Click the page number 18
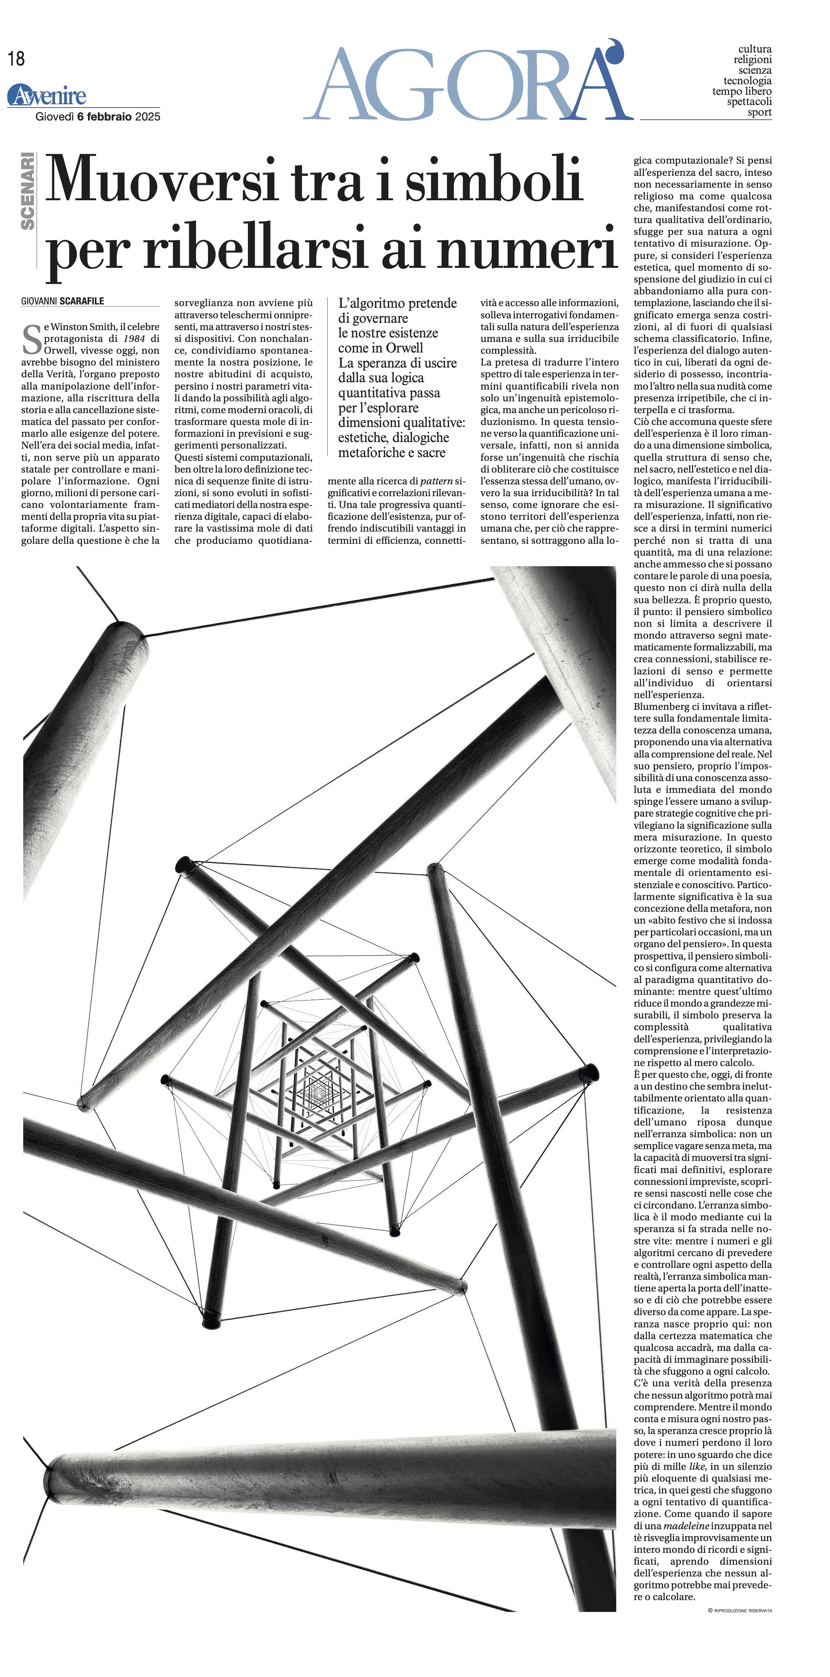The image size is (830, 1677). [x=16, y=59]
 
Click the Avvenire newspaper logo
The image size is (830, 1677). [x=47, y=96]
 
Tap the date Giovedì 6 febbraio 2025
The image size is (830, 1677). [x=98, y=116]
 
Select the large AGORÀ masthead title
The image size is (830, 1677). [x=465, y=85]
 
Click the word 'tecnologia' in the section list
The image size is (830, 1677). [x=747, y=81]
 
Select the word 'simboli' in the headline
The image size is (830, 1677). [x=493, y=179]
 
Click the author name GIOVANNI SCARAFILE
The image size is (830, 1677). [x=63, y=302]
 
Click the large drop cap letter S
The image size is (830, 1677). [x=31, y=339]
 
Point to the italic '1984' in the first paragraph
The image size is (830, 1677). [x=134, y=339]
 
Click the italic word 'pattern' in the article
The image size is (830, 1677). [x=436, y=481]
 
